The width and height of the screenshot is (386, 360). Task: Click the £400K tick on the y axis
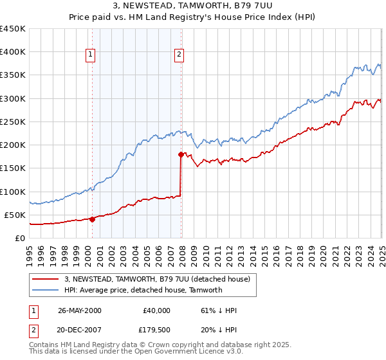(13, 52)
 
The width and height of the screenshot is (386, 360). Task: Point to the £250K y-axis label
(13, 122)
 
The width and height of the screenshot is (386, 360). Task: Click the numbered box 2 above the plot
(179, 55)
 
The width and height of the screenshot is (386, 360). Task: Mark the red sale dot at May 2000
(92, 219)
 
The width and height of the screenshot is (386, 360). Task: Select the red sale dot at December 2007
(181, 154)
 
